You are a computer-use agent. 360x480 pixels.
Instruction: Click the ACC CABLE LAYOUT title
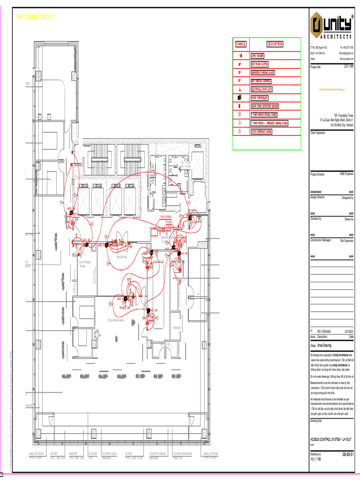pos(36,16)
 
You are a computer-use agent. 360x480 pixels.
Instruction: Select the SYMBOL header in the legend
pos(240,44)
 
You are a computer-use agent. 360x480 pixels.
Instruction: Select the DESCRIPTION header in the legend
pos(275,44)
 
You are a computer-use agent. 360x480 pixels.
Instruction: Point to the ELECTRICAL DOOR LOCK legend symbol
pos(240,89)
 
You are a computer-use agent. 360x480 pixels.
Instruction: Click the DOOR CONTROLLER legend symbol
pos(240,97)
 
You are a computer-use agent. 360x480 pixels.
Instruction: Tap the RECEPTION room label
pos(122,257)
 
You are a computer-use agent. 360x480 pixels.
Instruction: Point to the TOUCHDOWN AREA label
pos(116,321)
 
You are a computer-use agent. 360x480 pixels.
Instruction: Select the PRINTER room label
pos(176,328)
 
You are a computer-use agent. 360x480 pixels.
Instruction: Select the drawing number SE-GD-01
pos(347,454)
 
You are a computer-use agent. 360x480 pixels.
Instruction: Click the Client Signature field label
pos(318,133)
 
